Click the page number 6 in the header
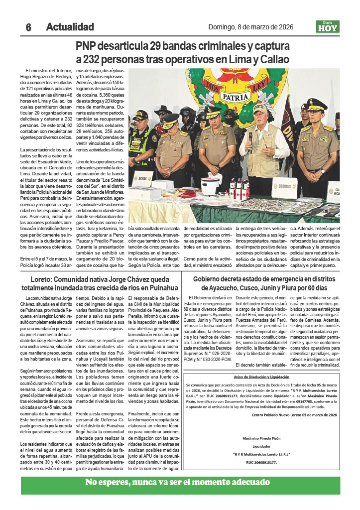29,27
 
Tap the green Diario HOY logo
327,27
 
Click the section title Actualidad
70,27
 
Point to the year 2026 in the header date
285,27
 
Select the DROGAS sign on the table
285,187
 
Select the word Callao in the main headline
272,60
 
